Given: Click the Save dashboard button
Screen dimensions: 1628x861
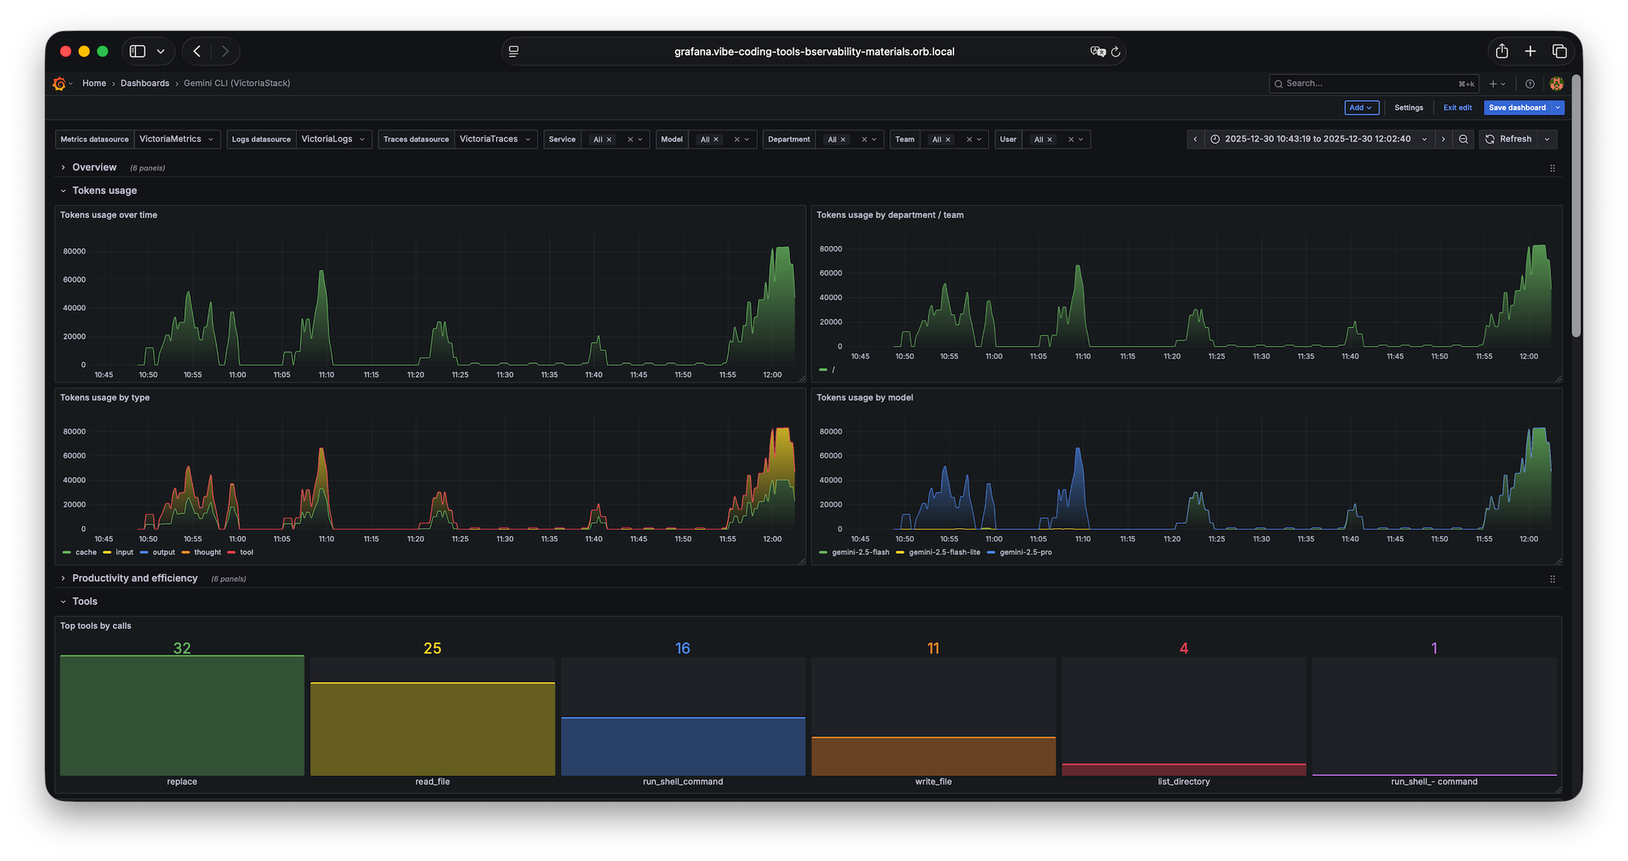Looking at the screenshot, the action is coord(1517,107).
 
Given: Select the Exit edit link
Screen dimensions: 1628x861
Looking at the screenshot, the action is coord(1457,107).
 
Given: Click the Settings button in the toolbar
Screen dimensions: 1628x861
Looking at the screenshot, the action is coord(1408,107).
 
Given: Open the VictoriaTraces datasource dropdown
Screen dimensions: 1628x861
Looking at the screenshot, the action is coord(495,139).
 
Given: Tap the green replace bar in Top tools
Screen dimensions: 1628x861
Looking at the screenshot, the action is coord(182,715).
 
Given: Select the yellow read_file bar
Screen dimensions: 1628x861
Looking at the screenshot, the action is coord(433,729).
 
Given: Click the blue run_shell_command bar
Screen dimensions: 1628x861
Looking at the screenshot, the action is coord(683,746).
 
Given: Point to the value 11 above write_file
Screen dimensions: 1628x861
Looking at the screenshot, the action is coord(933,648).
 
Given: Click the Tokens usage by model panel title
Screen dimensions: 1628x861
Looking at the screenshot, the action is coord(864,397).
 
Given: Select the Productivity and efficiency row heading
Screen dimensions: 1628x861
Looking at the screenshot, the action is coord(135,578).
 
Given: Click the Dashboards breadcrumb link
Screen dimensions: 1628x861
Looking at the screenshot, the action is coord(145,83).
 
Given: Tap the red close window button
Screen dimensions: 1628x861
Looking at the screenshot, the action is coord(66,51).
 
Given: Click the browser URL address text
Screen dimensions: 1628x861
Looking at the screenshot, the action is coord(814,51).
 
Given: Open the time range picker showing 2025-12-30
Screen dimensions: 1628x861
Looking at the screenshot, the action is coord(1318,139).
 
